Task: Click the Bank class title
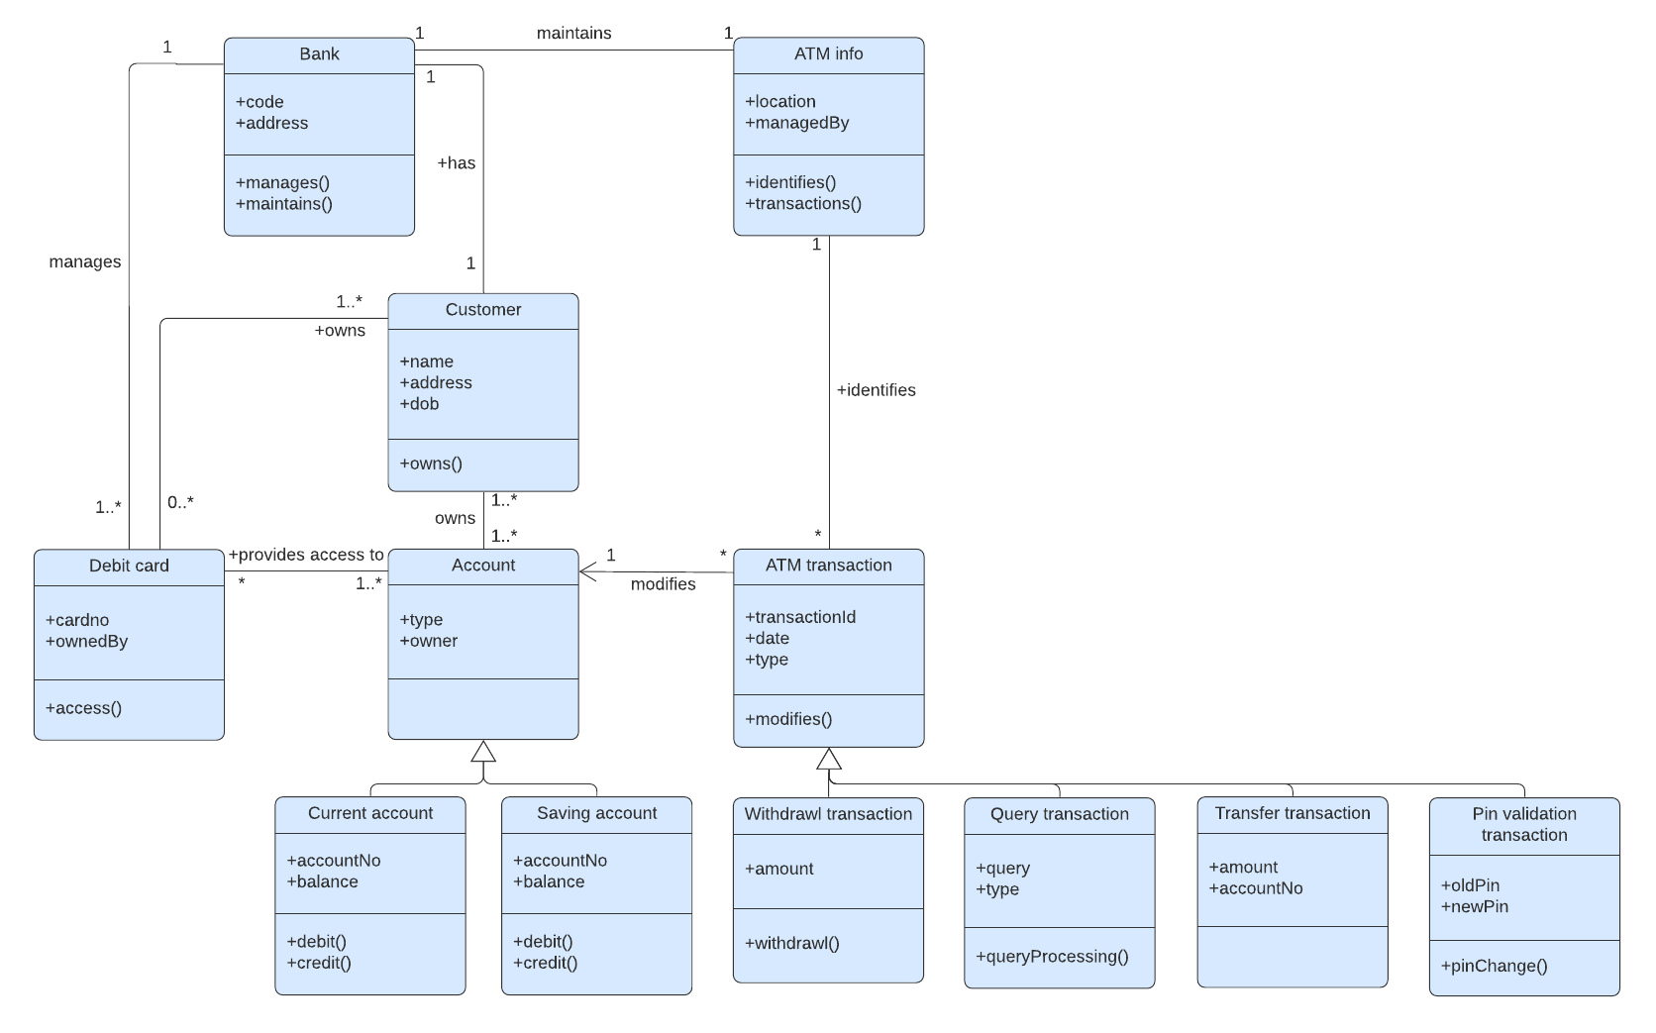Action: [x=319, y=54]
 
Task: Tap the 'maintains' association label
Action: [x=573, y=33]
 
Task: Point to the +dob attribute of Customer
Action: [x=419, y=404]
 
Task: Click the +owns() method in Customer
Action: [x=431, y=464]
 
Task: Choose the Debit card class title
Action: [x=129, y=566]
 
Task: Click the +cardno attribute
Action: [x=77, y=620]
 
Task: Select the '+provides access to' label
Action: [x=306, y=555]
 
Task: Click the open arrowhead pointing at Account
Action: [x=587, y=571]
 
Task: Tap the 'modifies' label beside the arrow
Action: [x=663, y=584]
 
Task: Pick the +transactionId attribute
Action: [x=800, y=617]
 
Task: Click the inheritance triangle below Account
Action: [x=483, y=751]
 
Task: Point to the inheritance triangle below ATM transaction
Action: [x=829, y=759]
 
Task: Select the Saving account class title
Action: [x=596, y=813]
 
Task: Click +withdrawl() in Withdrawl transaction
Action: [x=792, y=943]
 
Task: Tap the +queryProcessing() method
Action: [x=1052, y=957]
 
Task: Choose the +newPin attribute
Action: [x=1475, y=906]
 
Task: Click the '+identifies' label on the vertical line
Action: [x=876, y=390]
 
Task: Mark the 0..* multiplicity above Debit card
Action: [x=180, y=502]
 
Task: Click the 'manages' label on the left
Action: [x=85, y=261]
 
